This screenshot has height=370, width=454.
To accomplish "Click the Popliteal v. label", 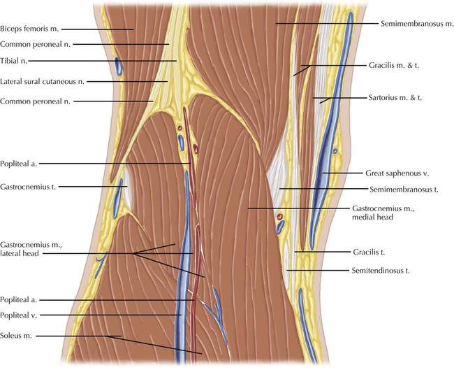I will [22, 315].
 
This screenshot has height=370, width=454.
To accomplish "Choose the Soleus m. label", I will [18, 337].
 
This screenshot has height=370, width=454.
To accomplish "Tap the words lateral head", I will [20, 255].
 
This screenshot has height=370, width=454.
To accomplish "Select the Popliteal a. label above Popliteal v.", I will [22, 299].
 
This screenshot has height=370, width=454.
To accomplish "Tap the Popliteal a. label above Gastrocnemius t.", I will [22, 164].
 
